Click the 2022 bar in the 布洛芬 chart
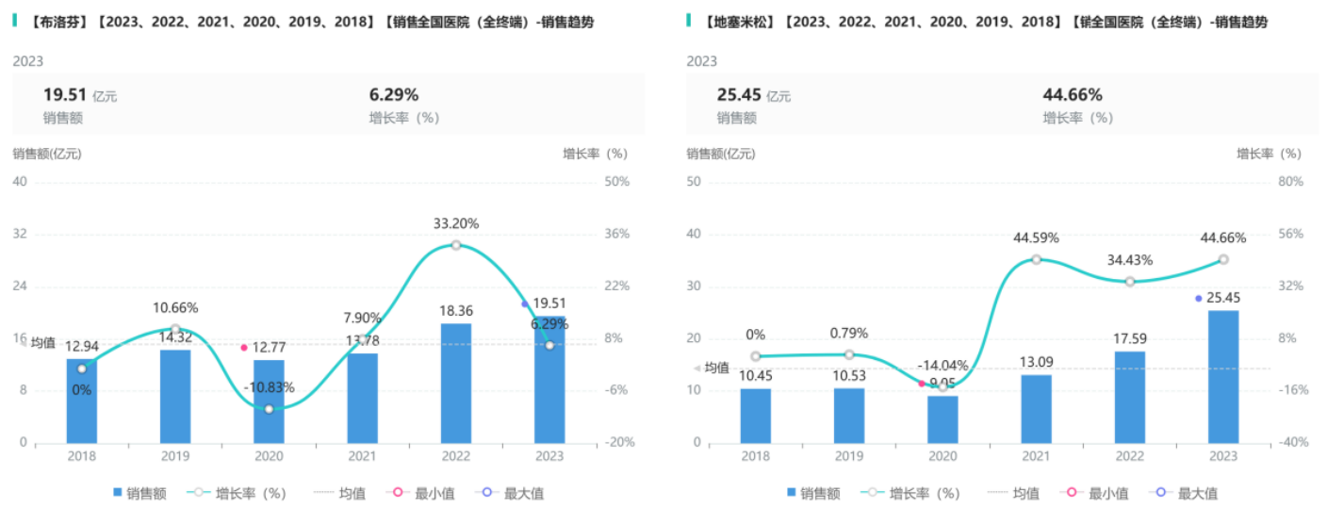coord(456,383)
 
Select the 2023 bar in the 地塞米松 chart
coord(1223,376)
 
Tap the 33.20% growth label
coord(456,224)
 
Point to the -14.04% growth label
coord(942,366)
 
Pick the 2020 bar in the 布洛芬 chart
coord(269,401)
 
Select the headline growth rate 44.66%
coord(1073,94)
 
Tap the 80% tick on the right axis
coord(1290,182)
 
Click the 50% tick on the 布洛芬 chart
coord(616,182)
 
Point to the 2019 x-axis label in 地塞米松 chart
coord(848,457)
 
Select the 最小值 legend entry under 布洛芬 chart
coord(425,493)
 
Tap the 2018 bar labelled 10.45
coord(755,415)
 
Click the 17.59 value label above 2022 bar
coord(1130,335)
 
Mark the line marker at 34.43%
coord(1130,281)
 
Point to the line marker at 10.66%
coord(175,329)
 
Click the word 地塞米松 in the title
coord(738,22)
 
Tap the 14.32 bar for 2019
coord(175,396)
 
